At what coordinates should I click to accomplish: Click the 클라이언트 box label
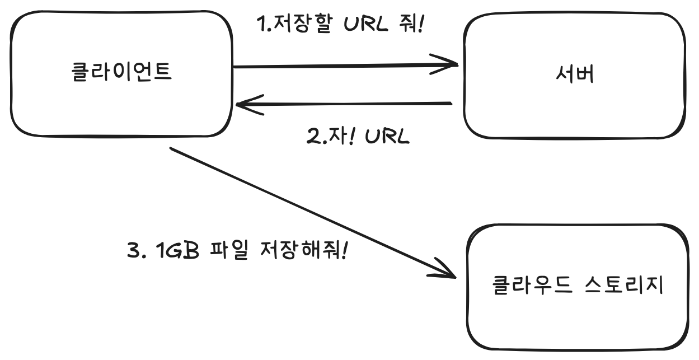122,73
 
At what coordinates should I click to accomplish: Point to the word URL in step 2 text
387,136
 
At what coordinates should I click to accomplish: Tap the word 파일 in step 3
229,250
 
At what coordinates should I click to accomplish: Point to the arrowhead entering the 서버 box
451,64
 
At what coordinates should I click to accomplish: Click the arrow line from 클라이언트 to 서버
336,67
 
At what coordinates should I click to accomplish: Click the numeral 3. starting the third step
136,250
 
